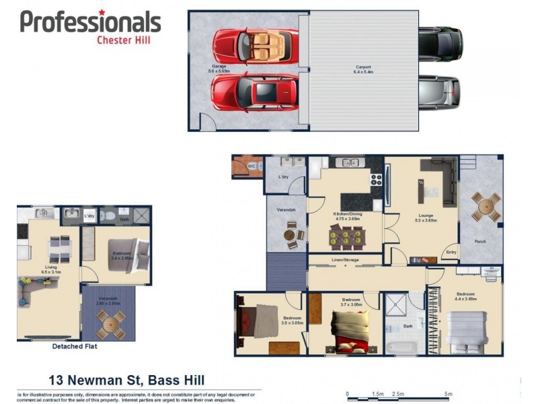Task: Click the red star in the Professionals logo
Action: click(x=102, y=13)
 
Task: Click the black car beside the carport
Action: click(x=440, y=43)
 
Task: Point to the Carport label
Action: click(x=363, y=68)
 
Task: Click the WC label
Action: click(x=250, y=166)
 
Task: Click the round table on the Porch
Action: click(x=486, y=207)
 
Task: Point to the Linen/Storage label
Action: click(x=345, y=259)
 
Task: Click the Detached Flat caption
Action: click(x=75, y=347)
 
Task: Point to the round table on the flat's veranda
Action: click(x=109, y=324)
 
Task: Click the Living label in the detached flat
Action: click(x=51, y=267)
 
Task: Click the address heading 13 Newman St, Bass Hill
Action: click(x=126, y=380)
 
